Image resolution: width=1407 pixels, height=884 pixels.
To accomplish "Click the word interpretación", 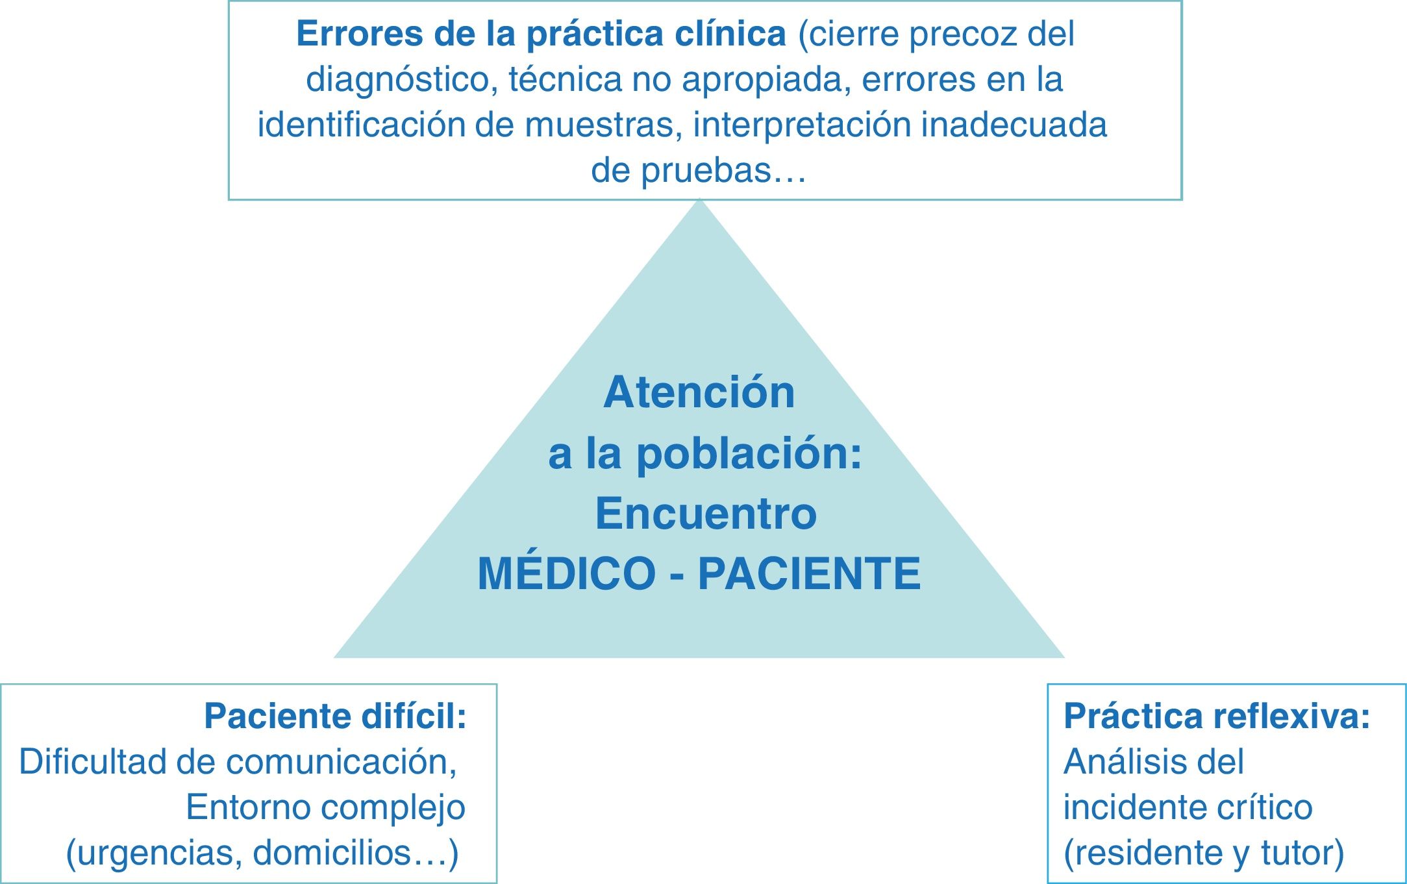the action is (803, 125).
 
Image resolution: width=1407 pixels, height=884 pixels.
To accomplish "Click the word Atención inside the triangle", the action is (699, 392).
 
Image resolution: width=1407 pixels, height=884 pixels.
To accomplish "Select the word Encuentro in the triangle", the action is (706, 513).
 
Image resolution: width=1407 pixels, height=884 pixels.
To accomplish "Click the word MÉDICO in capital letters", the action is (566, 574).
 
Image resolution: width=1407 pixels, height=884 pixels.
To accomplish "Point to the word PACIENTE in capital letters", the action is (809, 574).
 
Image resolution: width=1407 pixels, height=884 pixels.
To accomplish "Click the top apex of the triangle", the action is (699, 201).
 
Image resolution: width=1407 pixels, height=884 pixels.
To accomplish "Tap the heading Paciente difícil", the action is (335, 716).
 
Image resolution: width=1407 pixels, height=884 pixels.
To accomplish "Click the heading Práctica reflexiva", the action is (1216, 716).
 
